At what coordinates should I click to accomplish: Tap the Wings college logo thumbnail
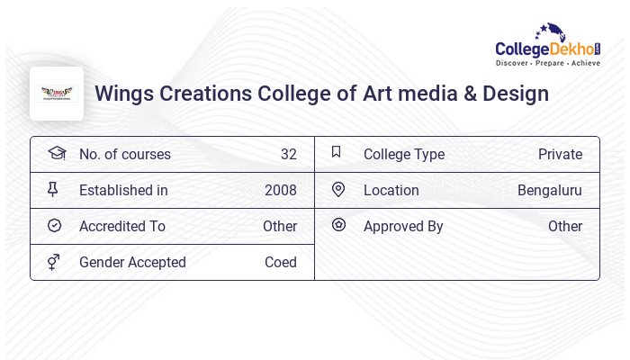pyautogui.click(x=57, y=94)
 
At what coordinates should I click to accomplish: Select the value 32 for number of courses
pyautogui.click(x=288, y=154)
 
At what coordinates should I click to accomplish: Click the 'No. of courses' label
pyautogui.click(x=124, y=154)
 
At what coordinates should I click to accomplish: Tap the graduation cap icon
pyautogui.click(x=56, y=153)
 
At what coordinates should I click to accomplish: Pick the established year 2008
pyautogui.click(x=280, y=190)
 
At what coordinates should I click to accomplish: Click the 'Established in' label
pyautogui.click(x=123, y=190)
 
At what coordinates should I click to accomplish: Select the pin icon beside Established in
pyautogui.click(x=53, y=189)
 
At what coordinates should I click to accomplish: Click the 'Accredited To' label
pyautogui.click(x=122, y=226)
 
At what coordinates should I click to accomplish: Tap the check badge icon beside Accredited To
pyautogui.click(x=54, y=225)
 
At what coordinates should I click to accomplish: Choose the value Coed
pyautogui.click(x=280, y=262)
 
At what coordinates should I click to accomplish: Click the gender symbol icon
pyautogui.click(x=53, y=262)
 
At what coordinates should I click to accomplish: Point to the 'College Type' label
pyautogui.click(x=403, y=154)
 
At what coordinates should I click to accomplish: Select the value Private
pyautogui.click(x=560, y=154)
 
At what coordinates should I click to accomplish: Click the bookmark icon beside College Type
pyautogui.click(x=336, y=152)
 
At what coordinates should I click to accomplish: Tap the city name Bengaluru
pyautogui.click(x=549, y=190)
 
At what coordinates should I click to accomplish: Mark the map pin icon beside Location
pyautogui.click(x=337, y=189)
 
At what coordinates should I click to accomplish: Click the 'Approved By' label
pyautogui.click(x=403, y=226)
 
